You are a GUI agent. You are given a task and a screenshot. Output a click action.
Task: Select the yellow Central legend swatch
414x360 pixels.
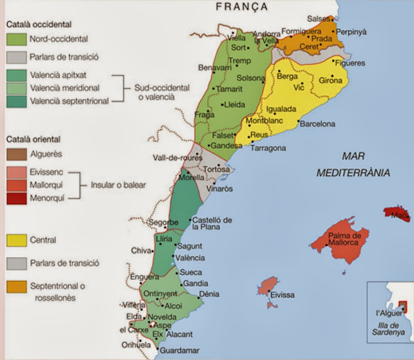pyautogui.click(x=16, y=240)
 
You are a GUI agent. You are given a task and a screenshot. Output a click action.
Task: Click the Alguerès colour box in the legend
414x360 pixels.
pyautogui.click(x=16, y=154)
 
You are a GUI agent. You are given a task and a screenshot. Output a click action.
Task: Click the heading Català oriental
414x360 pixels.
pyautogui.click(x=33, y=139)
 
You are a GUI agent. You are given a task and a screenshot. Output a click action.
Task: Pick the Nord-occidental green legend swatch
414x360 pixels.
pyautogui.click(x=16, y=39)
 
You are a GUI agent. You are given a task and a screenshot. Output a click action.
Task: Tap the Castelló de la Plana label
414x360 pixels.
pyautogui.click(x=212, y=224)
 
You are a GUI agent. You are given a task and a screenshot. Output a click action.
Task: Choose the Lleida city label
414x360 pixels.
pyautogui.click(x=234, y=104)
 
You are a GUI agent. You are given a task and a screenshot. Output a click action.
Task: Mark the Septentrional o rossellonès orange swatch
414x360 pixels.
pyautogui.click(x=16, y=286)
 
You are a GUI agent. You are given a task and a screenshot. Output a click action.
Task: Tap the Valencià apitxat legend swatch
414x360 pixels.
pyautogui.click(x=16, y=75)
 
